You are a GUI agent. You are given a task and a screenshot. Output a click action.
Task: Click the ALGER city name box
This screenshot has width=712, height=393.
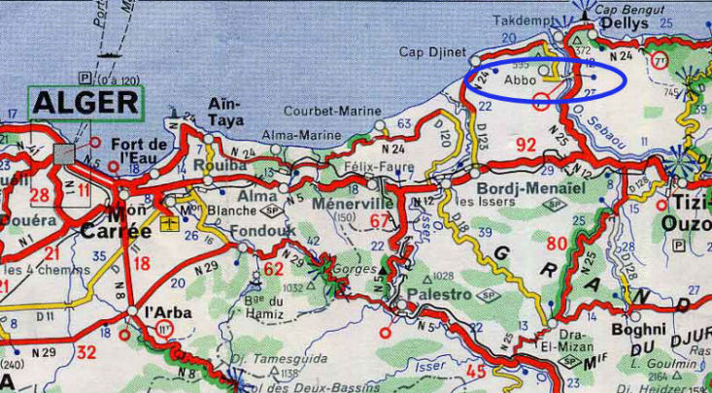coord(85,104)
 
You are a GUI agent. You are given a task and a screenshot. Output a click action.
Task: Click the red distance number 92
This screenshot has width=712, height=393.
coord(526,146)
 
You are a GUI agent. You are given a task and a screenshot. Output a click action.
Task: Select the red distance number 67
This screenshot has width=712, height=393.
coord(380,221)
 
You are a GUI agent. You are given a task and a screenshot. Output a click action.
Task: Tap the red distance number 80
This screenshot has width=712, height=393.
coord(556,243)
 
